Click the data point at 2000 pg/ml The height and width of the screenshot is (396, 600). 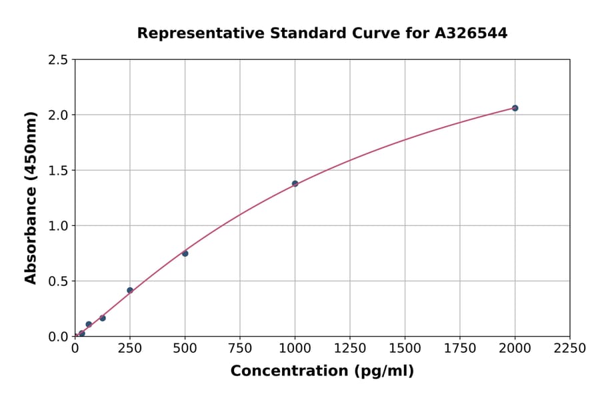[x=515, y=108]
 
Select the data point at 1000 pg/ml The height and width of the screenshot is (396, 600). [x=295, y=183]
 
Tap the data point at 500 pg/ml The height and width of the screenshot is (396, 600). [x=185, y=253]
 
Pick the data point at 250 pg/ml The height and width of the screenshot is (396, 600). [x=130, y=290]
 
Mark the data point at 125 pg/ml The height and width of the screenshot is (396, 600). [x=102, y=318]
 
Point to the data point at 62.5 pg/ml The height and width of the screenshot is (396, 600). [x=89, y=324]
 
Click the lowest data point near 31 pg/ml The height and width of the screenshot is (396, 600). [x=81, y=333]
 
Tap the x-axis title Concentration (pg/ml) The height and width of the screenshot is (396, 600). [x=322, y=371]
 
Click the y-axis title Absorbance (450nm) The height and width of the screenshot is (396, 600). [x=31, y=197]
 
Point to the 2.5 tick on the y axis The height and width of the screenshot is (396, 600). [x=58, y=60]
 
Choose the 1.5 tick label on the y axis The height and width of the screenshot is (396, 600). [x=58, y=171]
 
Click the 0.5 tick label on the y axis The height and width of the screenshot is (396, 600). [x=58, y=281]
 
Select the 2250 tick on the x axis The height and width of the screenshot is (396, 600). [x=569, y=349]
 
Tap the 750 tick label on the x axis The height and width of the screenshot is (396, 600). [x=240, y=349]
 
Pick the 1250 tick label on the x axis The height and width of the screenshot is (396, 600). [x=350, y=349]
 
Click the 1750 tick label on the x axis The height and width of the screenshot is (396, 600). [x=459, y=349]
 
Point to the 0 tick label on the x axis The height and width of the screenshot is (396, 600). [x=75, y=349]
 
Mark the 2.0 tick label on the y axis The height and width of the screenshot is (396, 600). [x=58, y=115]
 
